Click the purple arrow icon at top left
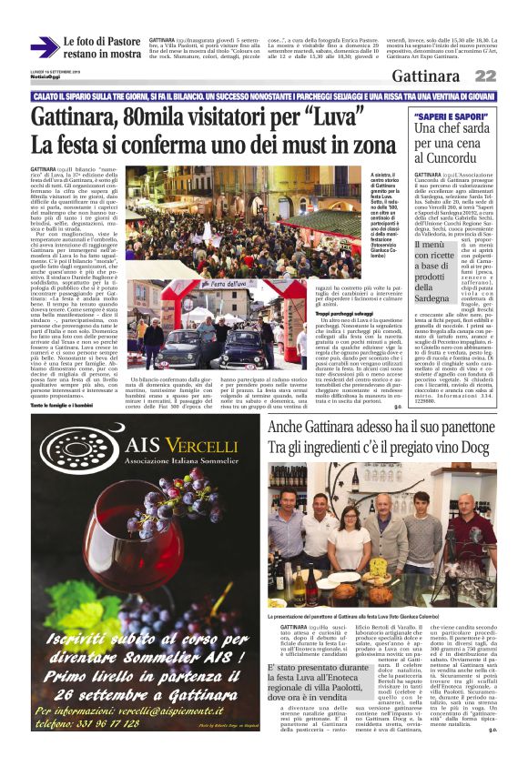click(x=44, y=47)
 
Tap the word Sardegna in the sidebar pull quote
click(x=443, y=298)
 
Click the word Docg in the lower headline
click(x=473, y=447)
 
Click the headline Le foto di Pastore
click(x=102, y=42)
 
